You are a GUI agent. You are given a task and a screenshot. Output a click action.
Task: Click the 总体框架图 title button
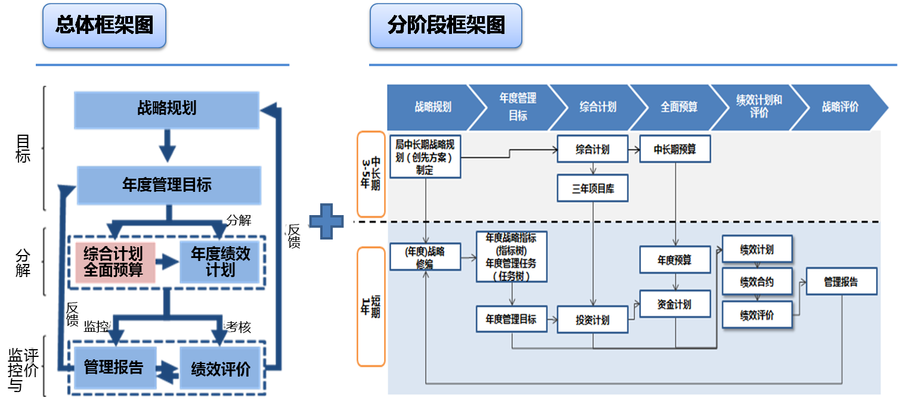point(104,26)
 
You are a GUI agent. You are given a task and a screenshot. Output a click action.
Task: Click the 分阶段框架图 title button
point(446,26)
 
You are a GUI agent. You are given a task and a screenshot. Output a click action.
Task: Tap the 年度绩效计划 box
point(221,262)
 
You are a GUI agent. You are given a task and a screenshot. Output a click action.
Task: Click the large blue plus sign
point(326,221)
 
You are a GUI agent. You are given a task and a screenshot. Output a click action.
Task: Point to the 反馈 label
point(293,236)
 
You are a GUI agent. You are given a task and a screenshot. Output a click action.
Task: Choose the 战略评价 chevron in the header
point(840,107)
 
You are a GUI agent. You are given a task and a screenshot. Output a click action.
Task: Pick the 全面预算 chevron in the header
point(679,107)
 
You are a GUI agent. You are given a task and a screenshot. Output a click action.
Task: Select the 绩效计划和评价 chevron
point(759,107)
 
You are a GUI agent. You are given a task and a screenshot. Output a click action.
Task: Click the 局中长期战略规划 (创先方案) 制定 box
point(425,157)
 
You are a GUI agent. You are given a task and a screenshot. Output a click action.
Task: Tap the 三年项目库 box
point(593,189)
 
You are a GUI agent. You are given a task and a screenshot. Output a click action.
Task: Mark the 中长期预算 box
point(675,150)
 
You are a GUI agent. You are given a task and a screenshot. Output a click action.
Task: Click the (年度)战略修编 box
point(425,257)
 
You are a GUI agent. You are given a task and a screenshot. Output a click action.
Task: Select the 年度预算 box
point(675,260)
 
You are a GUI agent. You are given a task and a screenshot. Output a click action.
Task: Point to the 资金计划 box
point(675,304)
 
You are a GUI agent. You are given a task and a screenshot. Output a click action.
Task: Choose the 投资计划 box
point(593,319)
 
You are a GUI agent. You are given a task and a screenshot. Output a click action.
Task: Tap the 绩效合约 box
point(757,281)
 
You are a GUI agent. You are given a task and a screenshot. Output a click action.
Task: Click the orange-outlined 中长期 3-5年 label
point(371,174)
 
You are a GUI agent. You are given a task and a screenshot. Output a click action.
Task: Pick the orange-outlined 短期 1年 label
point(371,306)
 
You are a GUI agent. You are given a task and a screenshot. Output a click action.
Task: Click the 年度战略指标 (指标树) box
point(512,257)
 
